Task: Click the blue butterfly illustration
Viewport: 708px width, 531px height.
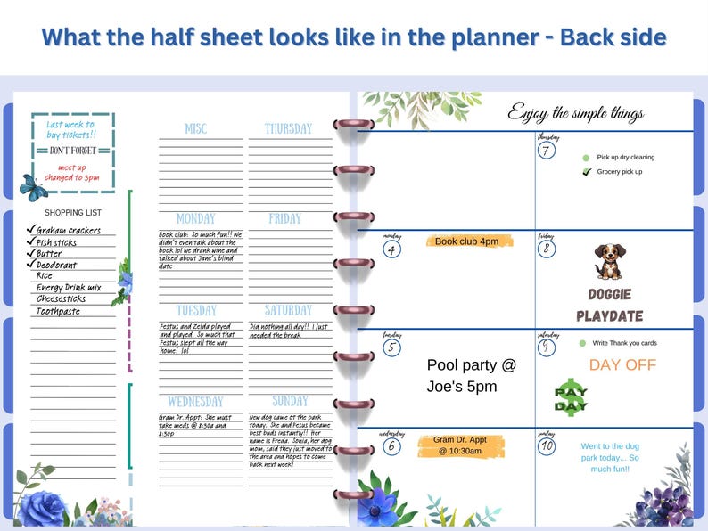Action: [34, 188]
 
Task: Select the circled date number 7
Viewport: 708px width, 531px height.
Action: [547, 151]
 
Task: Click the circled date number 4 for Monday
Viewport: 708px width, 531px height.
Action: [392, 249]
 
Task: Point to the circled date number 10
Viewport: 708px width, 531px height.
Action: [547, 445]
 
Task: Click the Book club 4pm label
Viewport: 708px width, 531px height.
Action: [469, 241]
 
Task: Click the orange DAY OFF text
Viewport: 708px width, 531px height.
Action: [622, 364]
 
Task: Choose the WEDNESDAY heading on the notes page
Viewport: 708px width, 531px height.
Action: [195, 402]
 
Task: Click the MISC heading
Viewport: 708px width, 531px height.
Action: [195, 129]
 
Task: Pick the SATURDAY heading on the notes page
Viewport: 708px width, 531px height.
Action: [289, 311]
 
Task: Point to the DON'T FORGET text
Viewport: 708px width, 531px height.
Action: [73, 151]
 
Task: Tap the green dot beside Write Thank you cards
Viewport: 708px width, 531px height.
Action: [582, 343]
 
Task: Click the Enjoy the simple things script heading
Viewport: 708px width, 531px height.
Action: [588, 112]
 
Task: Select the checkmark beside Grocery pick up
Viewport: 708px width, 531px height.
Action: [586, 172]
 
